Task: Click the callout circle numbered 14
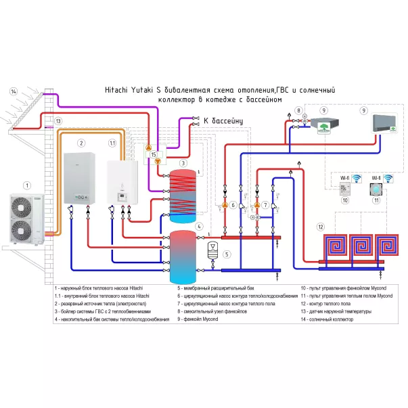coord(14,91)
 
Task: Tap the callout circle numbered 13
coord(59,121)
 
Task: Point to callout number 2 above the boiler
coord(81,143)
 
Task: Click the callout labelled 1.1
coord(113,143)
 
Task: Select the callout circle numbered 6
coord(233,205)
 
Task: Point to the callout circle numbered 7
coord(266,205)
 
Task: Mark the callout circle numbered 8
coord(299,110)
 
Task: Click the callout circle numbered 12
coord(321,227)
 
